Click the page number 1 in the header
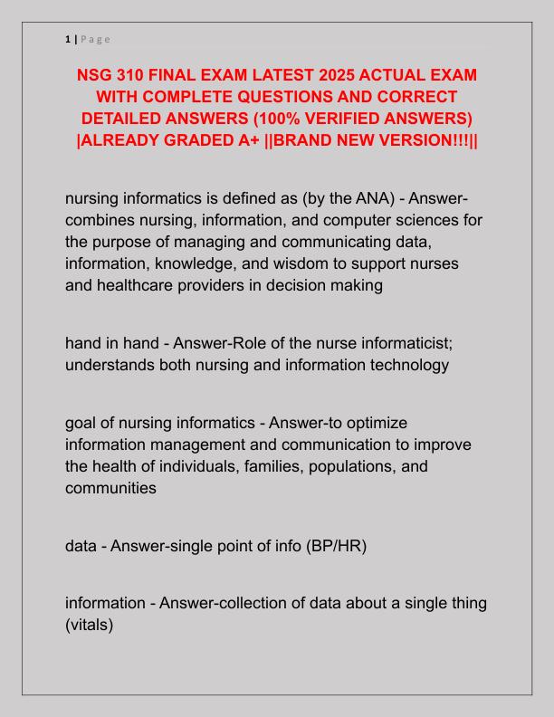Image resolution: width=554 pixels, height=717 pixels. tap(68, 39)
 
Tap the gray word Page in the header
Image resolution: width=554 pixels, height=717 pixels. tap(95, 39)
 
